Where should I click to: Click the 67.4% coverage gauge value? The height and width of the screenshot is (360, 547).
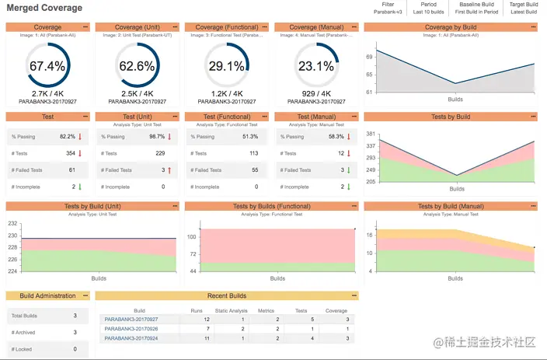(x=47, y=67)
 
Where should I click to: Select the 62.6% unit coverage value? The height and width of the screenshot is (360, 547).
(x=137, y=67)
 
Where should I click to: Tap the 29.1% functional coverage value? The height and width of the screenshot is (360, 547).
(x=227, y=67)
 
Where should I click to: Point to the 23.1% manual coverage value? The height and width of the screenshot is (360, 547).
(x=316, y=67)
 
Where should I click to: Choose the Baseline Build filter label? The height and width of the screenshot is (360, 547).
(x=476, y=5)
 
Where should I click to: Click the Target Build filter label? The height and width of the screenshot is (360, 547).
(x=523, y=5)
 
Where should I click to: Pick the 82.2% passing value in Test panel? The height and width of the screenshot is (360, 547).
(x=68, y=136)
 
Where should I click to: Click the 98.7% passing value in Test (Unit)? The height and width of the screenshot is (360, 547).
(x=157, y=136)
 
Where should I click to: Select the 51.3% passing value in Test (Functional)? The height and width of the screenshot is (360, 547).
(x=250, y=136)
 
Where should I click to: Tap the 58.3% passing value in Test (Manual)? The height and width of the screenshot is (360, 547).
(x=336, y=136)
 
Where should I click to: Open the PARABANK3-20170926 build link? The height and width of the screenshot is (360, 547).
(x=131, y=329)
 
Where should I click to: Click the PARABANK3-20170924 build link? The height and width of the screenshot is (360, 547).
(x=131, y=338)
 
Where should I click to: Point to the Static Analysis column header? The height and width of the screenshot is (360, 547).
(x=232, y=310)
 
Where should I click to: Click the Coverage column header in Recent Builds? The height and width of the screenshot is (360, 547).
(x=336, y=310)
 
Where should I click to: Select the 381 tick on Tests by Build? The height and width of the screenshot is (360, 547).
(x=371, y=134)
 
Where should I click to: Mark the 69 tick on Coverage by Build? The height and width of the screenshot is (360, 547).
(x=370, y=57)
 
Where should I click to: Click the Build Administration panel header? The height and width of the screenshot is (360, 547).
(x=47, y=295)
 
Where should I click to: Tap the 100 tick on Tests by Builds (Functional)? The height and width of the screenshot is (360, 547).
(x=192, y=236)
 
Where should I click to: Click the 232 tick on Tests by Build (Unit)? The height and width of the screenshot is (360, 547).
(x=12, y=223)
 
